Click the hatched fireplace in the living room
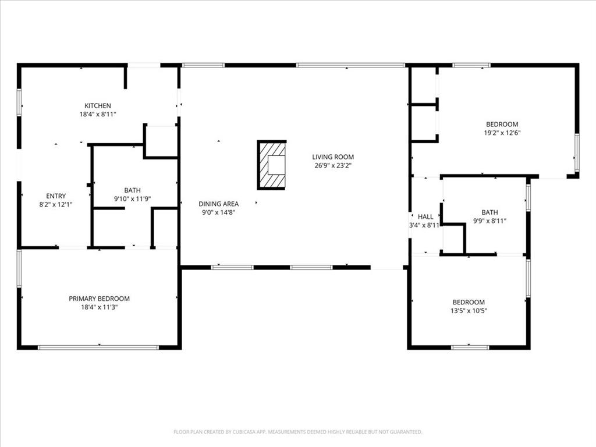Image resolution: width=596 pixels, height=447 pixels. [272, 165]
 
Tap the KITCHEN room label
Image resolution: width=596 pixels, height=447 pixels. [98, 106]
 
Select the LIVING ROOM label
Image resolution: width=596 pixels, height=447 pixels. [333, 157]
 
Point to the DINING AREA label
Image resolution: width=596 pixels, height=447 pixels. [218, 204]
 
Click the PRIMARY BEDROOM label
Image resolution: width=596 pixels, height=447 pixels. [99, 299]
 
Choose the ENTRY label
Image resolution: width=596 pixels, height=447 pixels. [56, 196]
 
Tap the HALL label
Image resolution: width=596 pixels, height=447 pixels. [425, 217]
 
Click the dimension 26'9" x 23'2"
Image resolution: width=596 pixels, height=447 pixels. [333, 165]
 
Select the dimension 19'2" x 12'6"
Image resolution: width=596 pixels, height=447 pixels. [502, 133]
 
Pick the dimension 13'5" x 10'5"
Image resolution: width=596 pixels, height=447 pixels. [469, 311]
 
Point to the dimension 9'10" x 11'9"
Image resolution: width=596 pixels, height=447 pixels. [132, 198]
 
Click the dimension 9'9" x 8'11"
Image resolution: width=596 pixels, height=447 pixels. [489, 221]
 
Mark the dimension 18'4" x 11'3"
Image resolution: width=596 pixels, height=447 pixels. [99, 307]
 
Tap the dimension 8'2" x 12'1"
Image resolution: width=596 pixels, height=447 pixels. [56, 204]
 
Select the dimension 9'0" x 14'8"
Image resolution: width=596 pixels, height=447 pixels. [218, 212]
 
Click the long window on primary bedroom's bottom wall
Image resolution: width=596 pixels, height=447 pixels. [98, 347]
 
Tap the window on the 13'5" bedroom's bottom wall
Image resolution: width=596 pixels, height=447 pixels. [470, 347]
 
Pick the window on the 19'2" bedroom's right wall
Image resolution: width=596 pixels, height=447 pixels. [577, 153]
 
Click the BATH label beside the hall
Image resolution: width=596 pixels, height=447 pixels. [489, 212]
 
